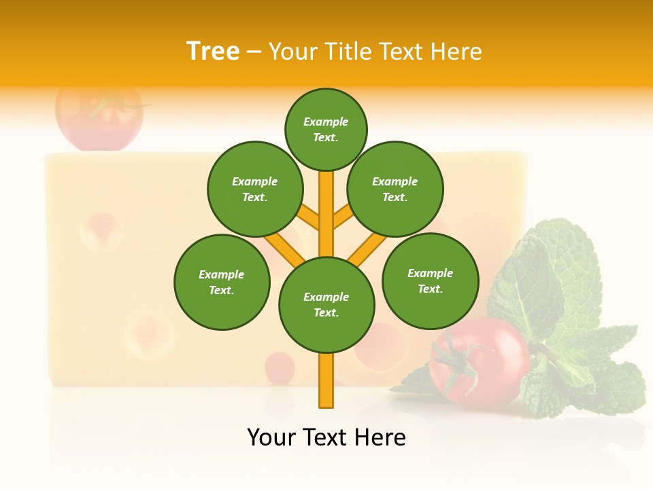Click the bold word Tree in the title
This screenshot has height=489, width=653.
point(213,51)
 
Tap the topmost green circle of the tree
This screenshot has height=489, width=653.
point(326,129)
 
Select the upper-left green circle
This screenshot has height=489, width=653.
point(255,189)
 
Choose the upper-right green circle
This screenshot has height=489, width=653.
point(395,189)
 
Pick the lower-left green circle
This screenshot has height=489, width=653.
point(222,282)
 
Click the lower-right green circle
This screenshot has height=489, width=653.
point(431,280)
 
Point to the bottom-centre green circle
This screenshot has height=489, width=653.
point(326,305)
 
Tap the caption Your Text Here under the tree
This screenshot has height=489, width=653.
point(326,437)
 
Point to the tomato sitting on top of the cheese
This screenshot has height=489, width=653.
point(99,115)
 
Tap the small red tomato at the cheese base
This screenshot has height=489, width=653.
point(279,367)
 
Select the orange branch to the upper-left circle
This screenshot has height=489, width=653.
point(309,219)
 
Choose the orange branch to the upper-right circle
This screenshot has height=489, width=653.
point(343,219)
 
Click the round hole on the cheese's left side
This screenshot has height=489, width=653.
point(101,231)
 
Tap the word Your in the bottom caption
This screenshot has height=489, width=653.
point(272,437)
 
